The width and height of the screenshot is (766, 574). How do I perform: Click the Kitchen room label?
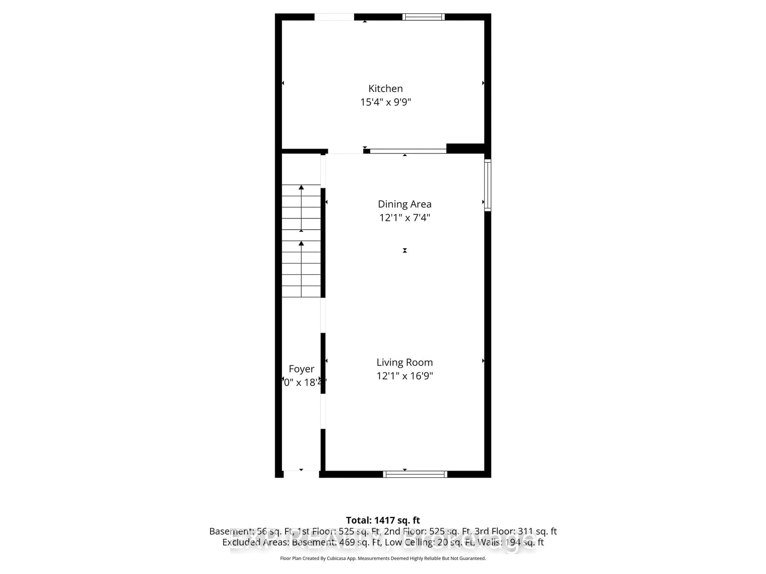point(385,88)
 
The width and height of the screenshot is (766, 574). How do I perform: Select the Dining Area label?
point(405,204)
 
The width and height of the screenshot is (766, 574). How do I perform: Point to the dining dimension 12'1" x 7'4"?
point(405,218)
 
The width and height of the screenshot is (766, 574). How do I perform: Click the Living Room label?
point(405,362)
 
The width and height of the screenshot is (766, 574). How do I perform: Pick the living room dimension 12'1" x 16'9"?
point(405,376)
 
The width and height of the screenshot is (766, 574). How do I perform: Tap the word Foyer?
point(301,369)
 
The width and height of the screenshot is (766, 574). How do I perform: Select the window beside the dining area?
point(487,185)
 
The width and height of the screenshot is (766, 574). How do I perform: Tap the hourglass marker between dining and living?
point(405,250)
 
